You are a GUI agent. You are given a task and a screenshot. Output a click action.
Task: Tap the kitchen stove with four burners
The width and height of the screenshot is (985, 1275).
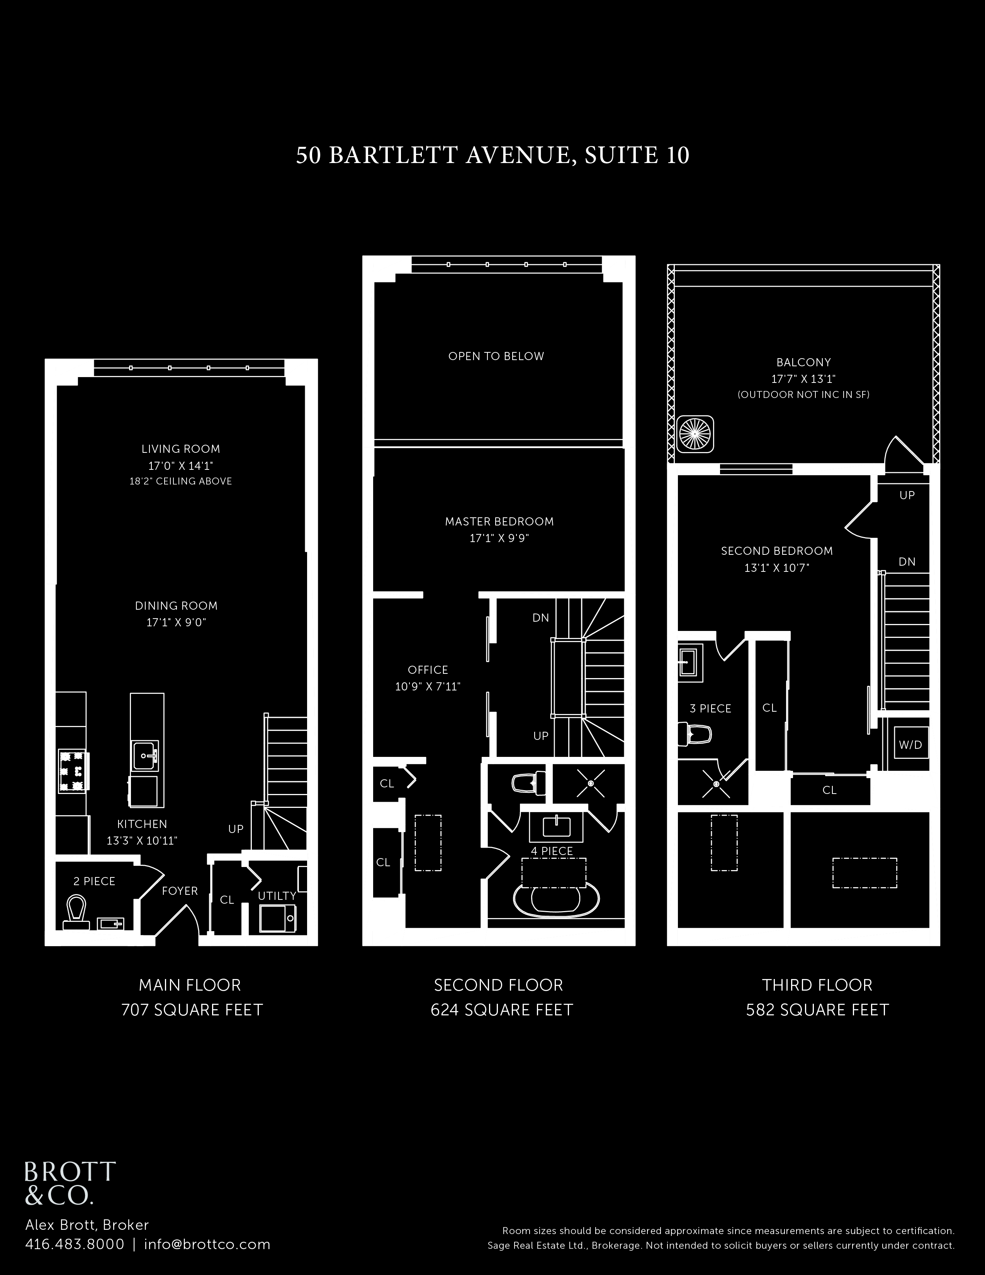tap(73, 771)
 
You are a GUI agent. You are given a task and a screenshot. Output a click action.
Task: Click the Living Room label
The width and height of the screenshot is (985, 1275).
tap(181, 449)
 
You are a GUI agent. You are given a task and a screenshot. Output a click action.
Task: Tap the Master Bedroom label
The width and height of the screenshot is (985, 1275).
tap(499, 521)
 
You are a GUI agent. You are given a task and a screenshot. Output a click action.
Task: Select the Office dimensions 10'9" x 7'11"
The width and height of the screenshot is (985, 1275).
tap(428, 687)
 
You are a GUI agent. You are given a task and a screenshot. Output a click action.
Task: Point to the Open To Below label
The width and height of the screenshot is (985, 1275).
tap(496, 356)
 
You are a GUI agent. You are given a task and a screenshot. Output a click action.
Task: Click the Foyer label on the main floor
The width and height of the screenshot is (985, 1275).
tap(180, 891)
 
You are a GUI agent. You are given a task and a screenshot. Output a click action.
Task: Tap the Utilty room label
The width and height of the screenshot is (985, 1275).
tap(277, 896)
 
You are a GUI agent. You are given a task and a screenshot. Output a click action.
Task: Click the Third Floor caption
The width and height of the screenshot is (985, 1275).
tap(817, 985)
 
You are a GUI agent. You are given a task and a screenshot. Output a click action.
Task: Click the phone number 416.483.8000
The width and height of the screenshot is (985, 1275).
tap(75, 1244)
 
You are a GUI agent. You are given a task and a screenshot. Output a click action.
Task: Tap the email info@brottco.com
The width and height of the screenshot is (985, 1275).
tap(207, 1244)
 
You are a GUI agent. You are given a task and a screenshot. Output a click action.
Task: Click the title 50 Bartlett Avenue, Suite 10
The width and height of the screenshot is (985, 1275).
tap(492, 155)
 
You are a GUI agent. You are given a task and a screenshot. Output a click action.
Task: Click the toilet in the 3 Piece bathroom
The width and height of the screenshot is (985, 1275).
tap(695, 734)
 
